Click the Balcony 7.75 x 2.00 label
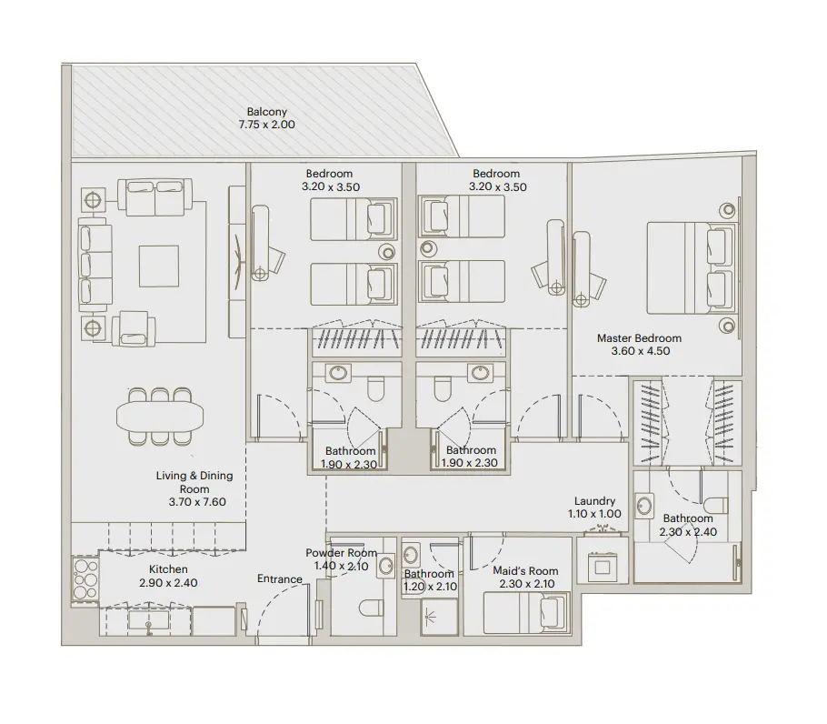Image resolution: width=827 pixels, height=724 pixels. coord(265,118)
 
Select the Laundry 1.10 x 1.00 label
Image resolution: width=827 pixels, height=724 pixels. coord(594,508)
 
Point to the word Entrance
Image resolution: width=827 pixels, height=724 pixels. coord(280,579)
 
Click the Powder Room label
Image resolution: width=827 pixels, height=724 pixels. coord(341,559)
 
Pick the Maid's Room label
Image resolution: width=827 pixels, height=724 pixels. coord(525,577)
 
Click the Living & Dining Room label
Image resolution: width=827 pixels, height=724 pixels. coord(194,488)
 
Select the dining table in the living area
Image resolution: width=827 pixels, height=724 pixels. coord(160,417)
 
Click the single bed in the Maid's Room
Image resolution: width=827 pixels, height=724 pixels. coord(523,611)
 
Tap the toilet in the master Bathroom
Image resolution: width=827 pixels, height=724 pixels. coord(718,506)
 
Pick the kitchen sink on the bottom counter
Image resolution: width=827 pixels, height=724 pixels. coord(144,620)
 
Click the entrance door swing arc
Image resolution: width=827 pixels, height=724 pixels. coord(282,609)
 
